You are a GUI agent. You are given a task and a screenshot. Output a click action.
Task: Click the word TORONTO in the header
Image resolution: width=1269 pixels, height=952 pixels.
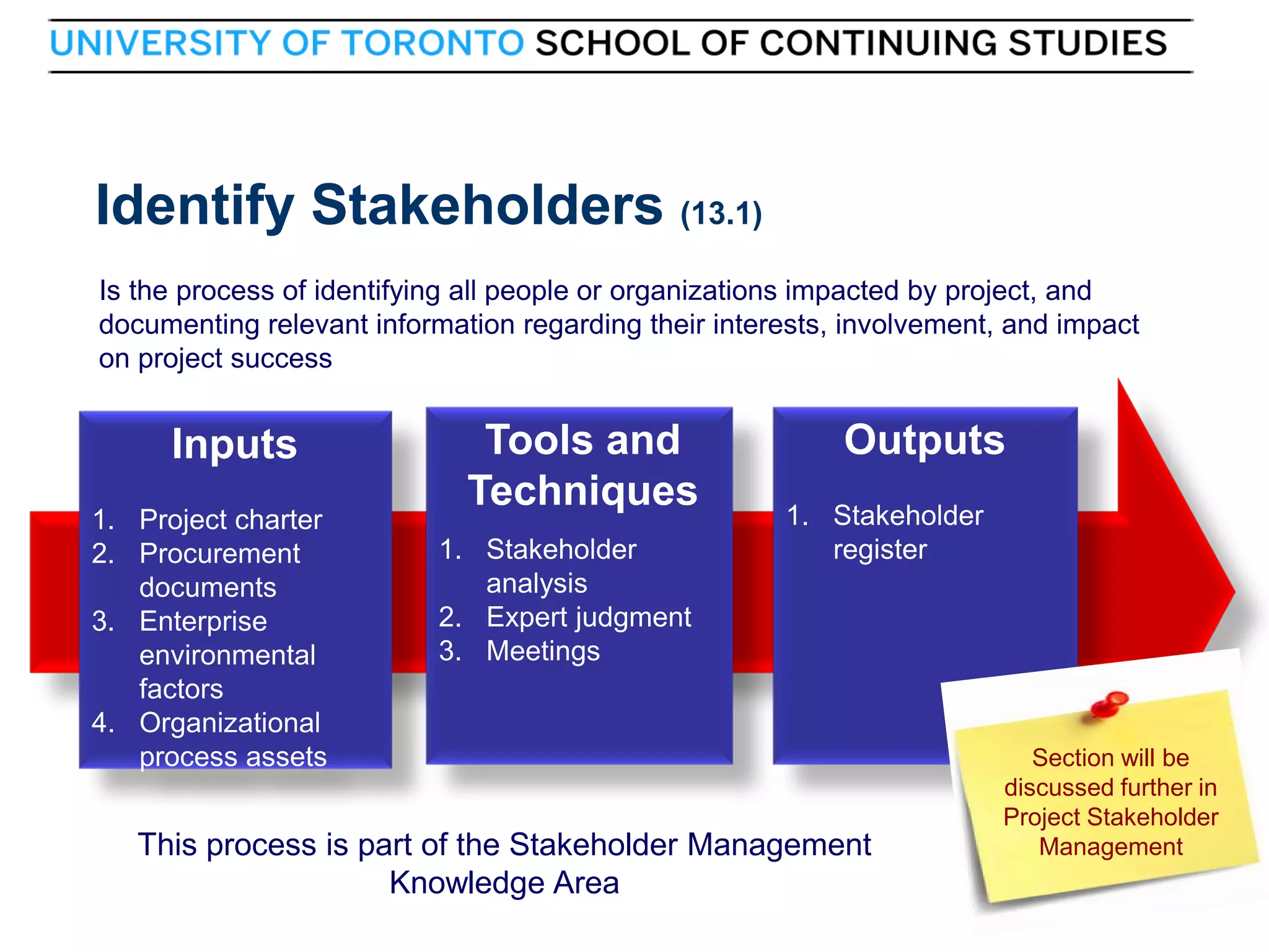tap(433, 43)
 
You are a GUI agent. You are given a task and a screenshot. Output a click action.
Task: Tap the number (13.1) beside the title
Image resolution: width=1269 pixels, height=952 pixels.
tap(721, 214)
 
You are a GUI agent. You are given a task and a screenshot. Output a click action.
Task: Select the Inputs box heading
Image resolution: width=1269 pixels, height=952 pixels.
tap(234, 444)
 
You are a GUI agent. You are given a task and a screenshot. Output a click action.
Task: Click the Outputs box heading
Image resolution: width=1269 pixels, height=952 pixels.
tap(924, 440)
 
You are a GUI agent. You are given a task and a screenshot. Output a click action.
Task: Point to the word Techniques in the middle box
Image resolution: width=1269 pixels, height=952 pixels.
tap(582, 491)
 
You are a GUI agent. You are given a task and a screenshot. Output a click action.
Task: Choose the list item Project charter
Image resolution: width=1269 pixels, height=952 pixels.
tap(231, 519)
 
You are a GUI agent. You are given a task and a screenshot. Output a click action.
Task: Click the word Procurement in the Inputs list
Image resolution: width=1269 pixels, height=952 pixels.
tap(219, 553)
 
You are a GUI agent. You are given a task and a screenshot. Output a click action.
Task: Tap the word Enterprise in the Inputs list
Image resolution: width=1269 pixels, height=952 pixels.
tap(203, 621)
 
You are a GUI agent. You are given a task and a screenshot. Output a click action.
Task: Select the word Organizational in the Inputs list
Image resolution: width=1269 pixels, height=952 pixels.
tap(230, 723)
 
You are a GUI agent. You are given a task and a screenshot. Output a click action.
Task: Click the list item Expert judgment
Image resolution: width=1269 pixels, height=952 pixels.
tap(588, 617)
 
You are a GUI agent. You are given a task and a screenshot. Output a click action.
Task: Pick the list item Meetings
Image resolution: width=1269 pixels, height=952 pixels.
tap(543, 651)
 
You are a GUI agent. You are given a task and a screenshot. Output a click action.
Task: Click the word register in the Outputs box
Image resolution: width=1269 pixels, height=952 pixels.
tap(880, 550)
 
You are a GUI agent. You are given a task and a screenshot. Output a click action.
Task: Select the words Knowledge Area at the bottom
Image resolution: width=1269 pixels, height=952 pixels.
tap(504, 883)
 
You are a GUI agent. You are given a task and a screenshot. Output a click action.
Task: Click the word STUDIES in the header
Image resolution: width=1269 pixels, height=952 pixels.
tap(1087, 43)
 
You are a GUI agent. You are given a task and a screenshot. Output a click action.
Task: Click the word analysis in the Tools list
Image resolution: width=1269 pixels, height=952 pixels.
tap(537, 584)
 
